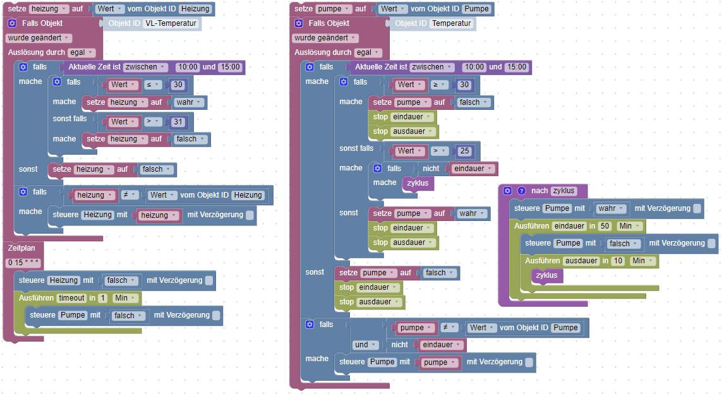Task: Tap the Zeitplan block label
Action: [x=21, y=248]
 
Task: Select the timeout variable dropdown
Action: [x=73, y=298]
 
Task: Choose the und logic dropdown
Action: [x=366, y=345]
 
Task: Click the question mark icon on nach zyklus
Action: [x=522, y=191]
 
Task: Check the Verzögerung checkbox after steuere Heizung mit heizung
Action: [x=250, y=215]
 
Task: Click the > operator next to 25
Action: [x=439, y=151]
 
